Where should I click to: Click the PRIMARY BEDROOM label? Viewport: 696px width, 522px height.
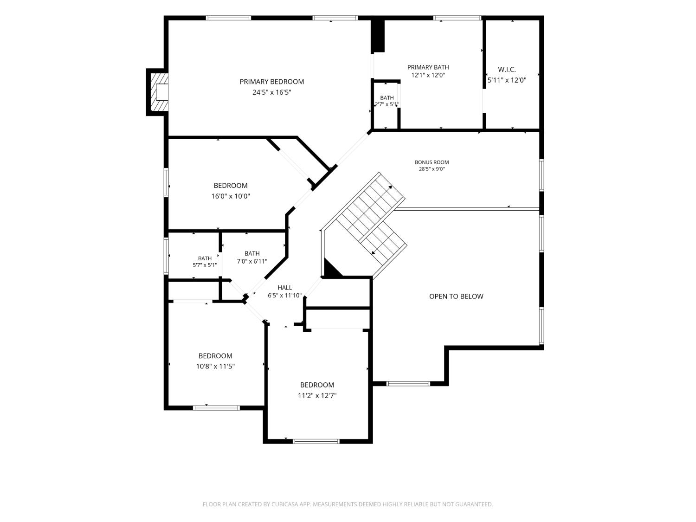tap(271, 82)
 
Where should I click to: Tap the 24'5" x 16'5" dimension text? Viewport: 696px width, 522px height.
tap(271, 92)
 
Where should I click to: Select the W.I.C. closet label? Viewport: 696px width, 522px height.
tap(507, 70)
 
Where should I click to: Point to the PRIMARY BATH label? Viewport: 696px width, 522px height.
tap(428, 67)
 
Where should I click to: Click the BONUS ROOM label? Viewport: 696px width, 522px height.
tap(432, 162)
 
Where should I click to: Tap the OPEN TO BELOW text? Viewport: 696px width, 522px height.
tap(456, 296)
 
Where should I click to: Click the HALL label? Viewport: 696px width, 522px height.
tap(284, 288)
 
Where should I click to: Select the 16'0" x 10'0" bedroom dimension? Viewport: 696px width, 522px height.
tap(231, 196)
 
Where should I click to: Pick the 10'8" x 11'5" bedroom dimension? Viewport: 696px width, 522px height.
tap(215, 367)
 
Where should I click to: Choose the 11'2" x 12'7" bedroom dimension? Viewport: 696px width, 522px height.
tap(317, 395)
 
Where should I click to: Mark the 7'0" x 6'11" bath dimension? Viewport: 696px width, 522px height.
tap(252, 262)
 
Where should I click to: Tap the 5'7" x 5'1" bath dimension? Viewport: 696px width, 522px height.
tap(205, 265)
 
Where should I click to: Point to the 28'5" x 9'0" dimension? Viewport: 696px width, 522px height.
tap(432, 169)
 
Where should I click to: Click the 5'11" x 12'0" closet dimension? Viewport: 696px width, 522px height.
tap(507, 80)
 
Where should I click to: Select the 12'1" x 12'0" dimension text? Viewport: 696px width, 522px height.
tap(428, 76)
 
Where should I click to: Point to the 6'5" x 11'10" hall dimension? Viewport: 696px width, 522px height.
tap(284, 296)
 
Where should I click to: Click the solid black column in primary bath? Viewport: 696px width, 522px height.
tap(378, 36)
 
